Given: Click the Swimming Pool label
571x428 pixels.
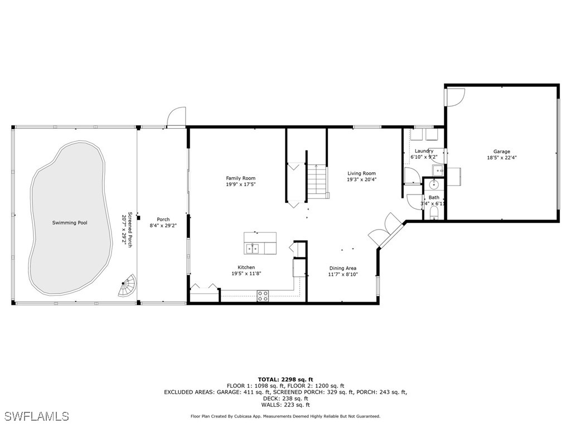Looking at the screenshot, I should [x=70, y=223].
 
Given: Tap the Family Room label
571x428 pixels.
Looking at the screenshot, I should [x=240, y=178].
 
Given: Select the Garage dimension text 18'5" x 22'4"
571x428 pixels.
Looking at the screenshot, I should [x=501, y=158].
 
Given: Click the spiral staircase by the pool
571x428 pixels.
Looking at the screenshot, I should [x=128, y=286].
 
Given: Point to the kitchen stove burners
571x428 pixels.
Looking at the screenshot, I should [x=263, y=296].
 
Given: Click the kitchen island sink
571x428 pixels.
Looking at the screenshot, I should [x=254, y=247].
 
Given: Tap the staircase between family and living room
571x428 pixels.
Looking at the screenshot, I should [x=317, y=182].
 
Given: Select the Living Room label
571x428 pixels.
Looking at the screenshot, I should [x=361, y=173].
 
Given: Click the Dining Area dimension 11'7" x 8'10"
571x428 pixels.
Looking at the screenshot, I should [x=342, y=274].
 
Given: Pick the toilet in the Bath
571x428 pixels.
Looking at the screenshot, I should [x=435, y=213].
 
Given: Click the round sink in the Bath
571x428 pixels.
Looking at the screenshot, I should [x=434, y=185].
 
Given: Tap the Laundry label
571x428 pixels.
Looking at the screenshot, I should [x=424, y=151].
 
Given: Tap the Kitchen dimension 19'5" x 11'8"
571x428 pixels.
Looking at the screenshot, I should [x=246, y=274].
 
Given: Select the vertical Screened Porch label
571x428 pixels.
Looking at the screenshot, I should [x=129, y=230].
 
